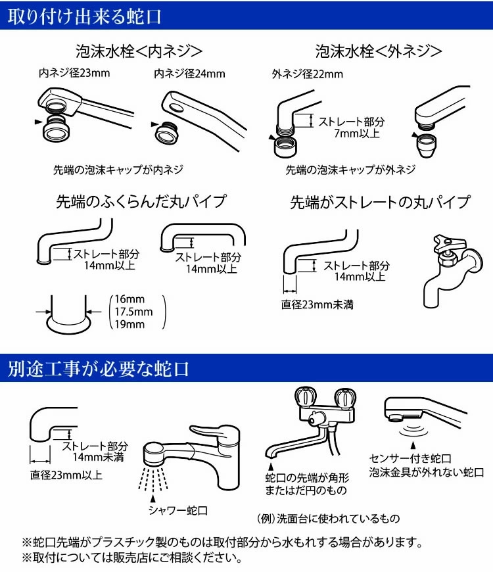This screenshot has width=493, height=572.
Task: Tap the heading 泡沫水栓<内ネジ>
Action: click(x=137, y=51)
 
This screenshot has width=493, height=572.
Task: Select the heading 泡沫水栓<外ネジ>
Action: click(x=378, y=51)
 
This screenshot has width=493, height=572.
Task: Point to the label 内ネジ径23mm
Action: click(x=74, y=73)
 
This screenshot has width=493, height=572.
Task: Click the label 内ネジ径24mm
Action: click(x=189, y=74)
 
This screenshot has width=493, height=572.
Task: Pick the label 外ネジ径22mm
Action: click(x=307, y=74)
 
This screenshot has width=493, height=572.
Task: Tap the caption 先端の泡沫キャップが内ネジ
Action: click(x=118, y=170)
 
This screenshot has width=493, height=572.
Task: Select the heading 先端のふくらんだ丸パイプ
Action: click(x=140, y=201)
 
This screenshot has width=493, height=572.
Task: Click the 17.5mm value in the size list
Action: click(x=133, y=312)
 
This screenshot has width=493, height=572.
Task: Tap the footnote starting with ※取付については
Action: click(x=132, y=560)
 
